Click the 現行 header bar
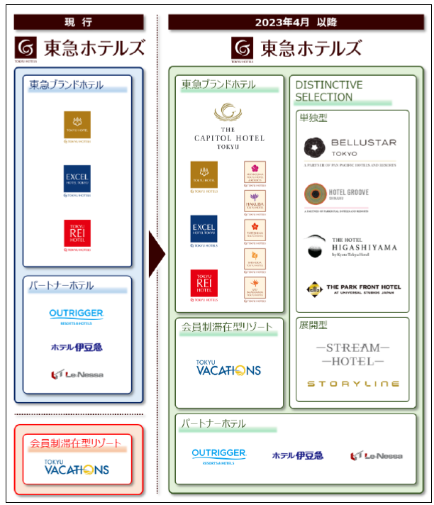(x=78, y=21)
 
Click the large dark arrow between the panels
(x=156, y=253)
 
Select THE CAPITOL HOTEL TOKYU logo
(x=229, y=126)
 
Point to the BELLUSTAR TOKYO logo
(x=350, y=149)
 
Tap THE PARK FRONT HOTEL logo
(x=353, y=289)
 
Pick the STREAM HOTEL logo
(x=352, y=355)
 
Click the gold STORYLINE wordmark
(x=352, y=384)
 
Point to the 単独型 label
(x=313, y=118)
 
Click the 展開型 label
(x=313, y=326)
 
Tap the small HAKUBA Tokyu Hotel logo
(x=255, y=201)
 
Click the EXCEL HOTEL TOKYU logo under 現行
(x=77, y=180)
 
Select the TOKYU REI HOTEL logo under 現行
(x=77, y=235)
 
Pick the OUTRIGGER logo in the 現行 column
(x=77, y=316)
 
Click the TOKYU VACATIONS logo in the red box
(x=77, y=467)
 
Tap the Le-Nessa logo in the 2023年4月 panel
(x=376, y=455)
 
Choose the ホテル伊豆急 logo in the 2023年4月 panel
(x=296, y=455)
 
